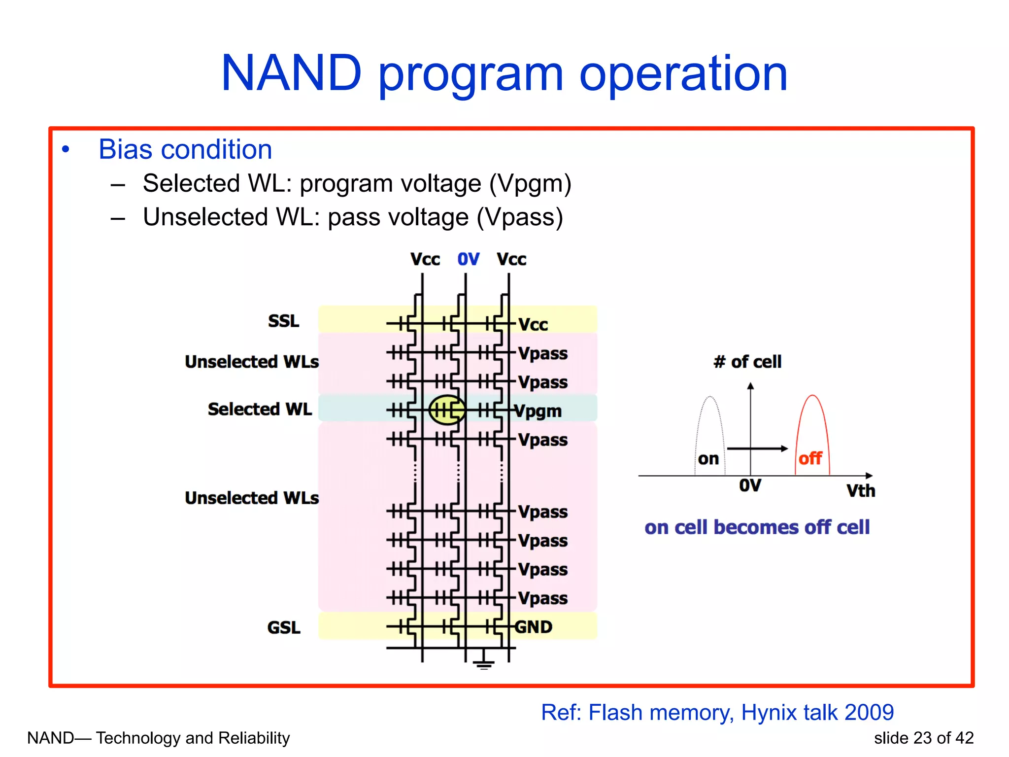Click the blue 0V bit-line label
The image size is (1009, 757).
468,259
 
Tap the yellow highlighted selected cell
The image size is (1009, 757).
447,410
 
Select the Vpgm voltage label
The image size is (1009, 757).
538,411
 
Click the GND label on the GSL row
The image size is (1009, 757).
534,627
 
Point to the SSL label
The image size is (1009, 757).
283,321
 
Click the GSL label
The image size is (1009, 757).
283,627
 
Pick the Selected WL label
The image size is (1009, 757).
260,409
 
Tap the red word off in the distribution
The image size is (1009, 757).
810,458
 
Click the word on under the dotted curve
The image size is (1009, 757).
708,459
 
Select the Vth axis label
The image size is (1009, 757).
861,491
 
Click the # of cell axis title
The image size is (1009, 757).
747,362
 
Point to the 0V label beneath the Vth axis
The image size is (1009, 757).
750,485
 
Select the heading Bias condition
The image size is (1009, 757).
185,149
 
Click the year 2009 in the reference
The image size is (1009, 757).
869,712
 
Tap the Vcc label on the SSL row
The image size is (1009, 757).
533,325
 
